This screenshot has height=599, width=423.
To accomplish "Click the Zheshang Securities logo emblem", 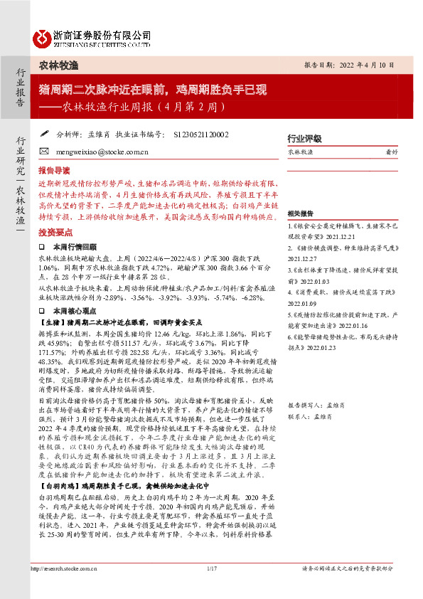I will click(42, 36).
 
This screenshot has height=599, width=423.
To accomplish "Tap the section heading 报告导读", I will click(55, 171).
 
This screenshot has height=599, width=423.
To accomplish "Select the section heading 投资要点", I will click(55, 232).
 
